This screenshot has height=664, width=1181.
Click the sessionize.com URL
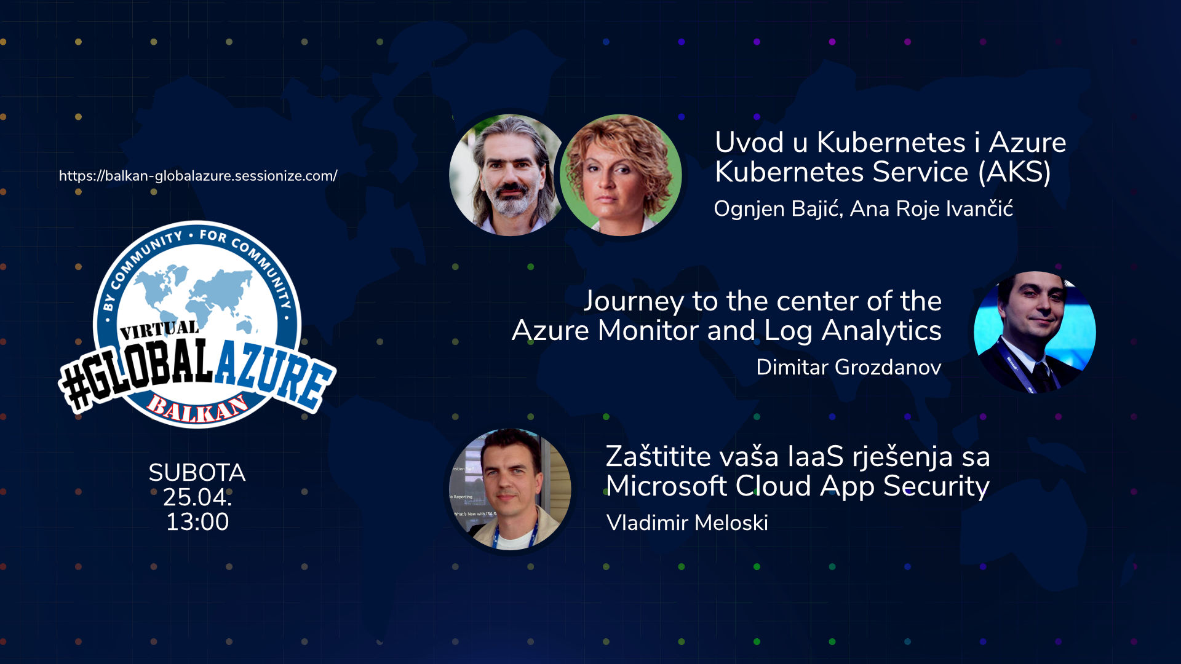[x=198, y=176]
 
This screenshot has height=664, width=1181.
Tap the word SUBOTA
[x=197, y=473]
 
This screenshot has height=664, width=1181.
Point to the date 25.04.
[x=197, y=497]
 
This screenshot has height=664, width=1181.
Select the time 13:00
[x=197, y=522]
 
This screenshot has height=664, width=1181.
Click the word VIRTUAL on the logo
[x=159, y=330]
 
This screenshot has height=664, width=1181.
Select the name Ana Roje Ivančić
[x=931, y=209]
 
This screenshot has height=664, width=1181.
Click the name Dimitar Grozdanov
[x=849, y=367]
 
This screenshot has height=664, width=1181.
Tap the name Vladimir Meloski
[x=687, y=523]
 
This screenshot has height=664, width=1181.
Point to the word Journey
[x=634, y=302]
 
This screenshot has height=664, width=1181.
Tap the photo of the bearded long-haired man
[x=508, y=175]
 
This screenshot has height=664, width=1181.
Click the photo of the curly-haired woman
[x=621, y=175]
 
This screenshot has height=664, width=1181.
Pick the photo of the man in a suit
[x=1035, y=332]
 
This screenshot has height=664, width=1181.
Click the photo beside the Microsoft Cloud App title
[x=510, y=489]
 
